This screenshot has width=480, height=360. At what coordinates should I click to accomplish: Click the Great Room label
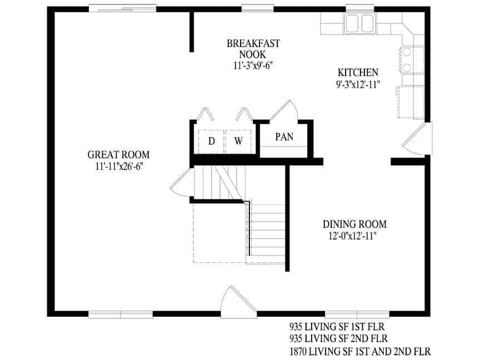tap(118, 155)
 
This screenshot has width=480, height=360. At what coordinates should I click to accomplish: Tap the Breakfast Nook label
tap(253, 49)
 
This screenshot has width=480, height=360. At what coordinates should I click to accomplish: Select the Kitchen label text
tap(358, 73)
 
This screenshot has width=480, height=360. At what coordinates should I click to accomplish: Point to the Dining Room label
tap(354, 224)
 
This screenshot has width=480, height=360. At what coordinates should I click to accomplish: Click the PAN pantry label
tap(284, 137)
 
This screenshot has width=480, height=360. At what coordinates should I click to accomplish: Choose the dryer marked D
tap(211, 141)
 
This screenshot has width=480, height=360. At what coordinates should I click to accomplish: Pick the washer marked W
tap(238, 141)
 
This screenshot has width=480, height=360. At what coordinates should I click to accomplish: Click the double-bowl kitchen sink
tap(359, 24)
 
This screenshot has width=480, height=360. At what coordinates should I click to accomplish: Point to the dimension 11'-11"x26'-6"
tap(118, 166)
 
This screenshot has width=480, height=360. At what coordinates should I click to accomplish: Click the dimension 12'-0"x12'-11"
tap(354, 236)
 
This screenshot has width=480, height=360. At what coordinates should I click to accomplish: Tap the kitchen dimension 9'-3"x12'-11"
tap(358, 84)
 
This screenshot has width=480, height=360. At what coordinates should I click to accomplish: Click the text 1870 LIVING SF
tap(328, 351)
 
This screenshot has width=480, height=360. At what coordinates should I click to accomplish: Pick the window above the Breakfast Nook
tap(258, 9)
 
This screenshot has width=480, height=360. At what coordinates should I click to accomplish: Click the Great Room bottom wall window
tap(121, 314)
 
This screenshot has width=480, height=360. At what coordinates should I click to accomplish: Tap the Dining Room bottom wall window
tap(349, 314)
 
